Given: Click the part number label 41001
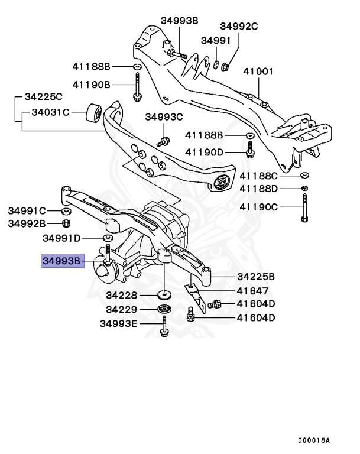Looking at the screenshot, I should point(258,72).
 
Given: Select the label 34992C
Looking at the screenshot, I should point(239,26).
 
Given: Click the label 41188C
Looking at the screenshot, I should point(258,176).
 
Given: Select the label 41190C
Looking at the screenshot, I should point(258,207).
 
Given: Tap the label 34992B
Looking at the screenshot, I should point(27,223).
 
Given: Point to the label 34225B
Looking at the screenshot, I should point(256,276).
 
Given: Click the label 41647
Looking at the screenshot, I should point(252,291).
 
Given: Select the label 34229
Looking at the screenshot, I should point(122,309).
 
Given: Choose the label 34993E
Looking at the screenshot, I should point(118,323).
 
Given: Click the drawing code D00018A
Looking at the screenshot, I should point(313,440).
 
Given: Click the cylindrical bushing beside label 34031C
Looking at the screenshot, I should point(95,111).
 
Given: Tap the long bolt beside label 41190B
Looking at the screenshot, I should point(137,85).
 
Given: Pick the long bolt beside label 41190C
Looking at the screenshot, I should point(304,207).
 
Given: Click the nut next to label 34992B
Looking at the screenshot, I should point(67,223).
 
